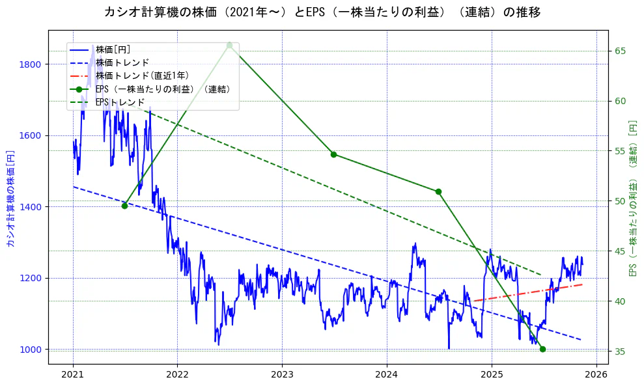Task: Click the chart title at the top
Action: [x=322, y=12]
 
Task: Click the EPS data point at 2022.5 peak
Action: [x=229, y=45]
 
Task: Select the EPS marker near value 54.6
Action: [x=333, y=154]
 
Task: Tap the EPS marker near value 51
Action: [x=438, y=191]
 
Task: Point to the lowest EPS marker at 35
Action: [x=542, y=349]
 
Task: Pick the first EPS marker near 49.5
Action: [x=124, y=206]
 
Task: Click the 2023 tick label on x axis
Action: [x=282, y=375]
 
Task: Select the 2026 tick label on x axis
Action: [x=596, y=375]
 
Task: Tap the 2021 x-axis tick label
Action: [x=73, y=375]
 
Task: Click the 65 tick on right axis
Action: [x=621, y=51]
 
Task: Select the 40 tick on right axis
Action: [x=621, y=301]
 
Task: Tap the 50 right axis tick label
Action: [x=621, y=201]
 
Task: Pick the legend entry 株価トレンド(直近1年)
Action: [x=142, y=76]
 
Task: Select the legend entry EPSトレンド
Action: [x=120, y=102]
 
